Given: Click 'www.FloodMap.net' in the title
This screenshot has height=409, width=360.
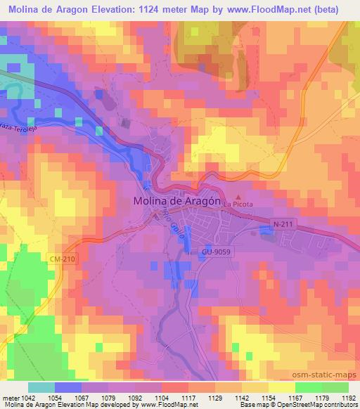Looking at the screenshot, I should pyautogui.click(x=250, y=10).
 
